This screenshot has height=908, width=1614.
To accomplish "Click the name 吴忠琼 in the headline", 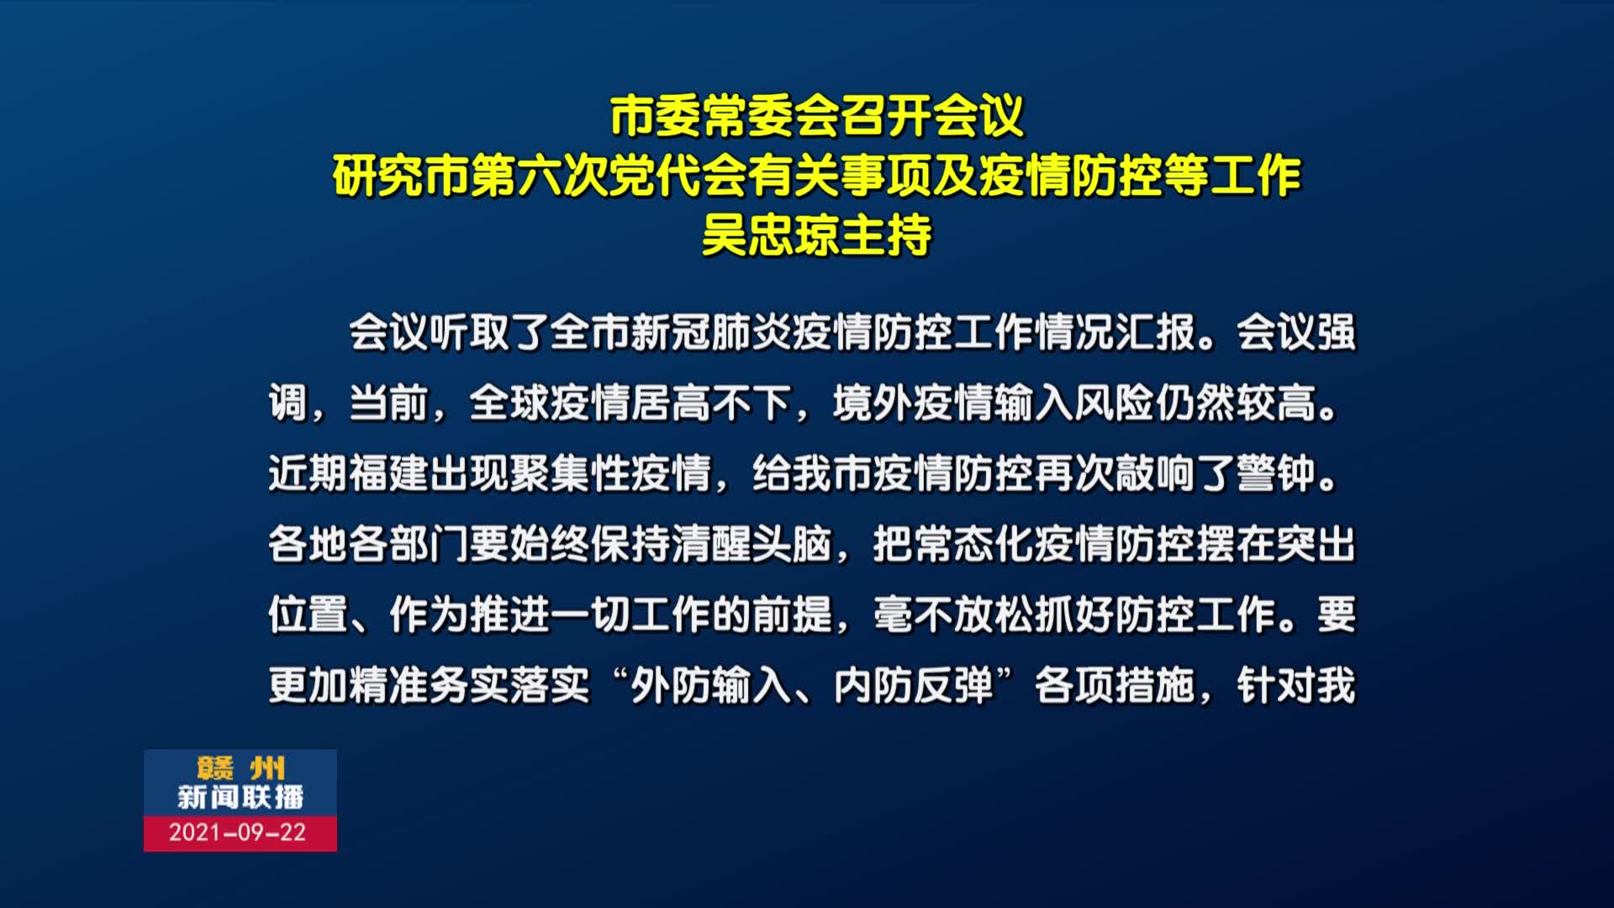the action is [x=770, y=235].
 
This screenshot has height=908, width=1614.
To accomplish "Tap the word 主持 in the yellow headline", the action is [x=886, y=235].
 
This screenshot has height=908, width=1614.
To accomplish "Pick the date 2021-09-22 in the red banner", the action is [x=238, y=832].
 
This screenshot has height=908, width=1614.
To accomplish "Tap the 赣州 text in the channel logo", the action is [x=241, y=768].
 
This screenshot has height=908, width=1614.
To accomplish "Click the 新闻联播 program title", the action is [x=240, y=797].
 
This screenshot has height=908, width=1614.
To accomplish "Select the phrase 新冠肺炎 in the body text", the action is [x=711, y=333].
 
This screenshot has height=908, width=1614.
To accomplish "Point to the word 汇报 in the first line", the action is [x=1156, y=333].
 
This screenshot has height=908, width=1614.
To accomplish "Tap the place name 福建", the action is [x=389, y=474].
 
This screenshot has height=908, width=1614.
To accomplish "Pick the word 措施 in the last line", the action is [x=1156, y=686].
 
